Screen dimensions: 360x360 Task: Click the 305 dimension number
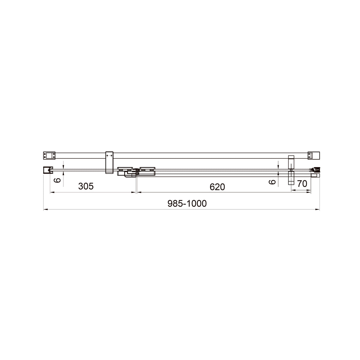point(86,186)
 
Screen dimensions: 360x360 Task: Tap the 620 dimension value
point(217,187)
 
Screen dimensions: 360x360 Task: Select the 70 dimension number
point(302,184)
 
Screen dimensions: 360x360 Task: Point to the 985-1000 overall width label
point(187,203)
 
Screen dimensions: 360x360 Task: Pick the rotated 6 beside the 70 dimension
point(272,182)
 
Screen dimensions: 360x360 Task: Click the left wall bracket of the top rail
point(49,155)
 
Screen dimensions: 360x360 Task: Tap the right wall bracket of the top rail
point(314,155)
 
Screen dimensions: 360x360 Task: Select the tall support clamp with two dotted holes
point(109,162)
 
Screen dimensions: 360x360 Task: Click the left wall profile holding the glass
point(47,170)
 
